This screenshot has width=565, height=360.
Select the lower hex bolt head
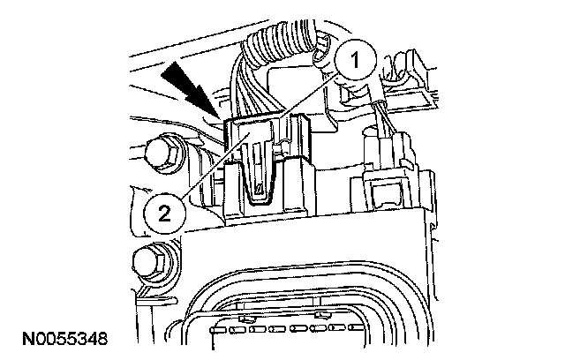(147, 262)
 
